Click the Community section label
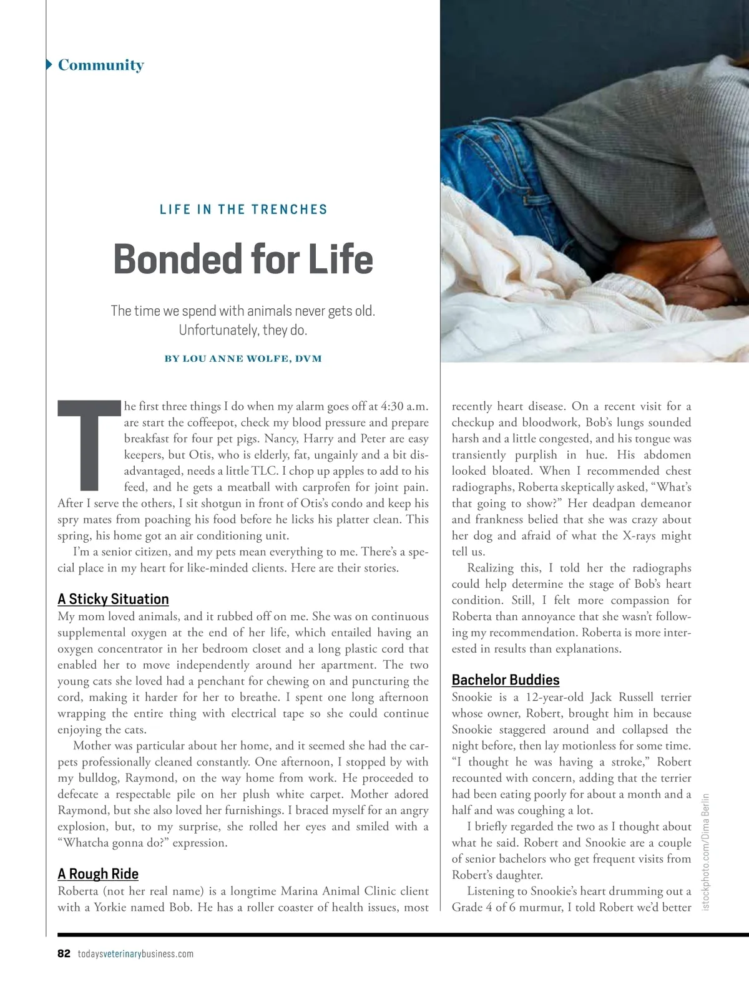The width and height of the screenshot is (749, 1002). click(100, 65)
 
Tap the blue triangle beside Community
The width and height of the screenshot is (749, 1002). click(49, 64)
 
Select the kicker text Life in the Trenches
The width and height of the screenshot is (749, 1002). click(243, 210)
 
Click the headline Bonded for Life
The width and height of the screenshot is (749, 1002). click(243, 259)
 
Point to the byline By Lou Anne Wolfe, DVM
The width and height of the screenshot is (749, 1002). click(243, 359)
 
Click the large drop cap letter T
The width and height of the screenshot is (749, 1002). click(89, 444)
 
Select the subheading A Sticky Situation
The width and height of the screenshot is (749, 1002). click(113, 599)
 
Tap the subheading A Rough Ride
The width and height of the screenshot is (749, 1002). click(98, 873)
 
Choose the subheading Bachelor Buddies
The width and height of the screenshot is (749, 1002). click(506, 680)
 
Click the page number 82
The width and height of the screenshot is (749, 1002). click(64, 953)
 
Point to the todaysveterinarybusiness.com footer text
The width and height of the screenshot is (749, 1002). click(135, 954)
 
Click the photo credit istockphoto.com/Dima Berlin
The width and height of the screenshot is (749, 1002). click(706, 851)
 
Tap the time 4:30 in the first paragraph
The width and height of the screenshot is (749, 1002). click(391, 406)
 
